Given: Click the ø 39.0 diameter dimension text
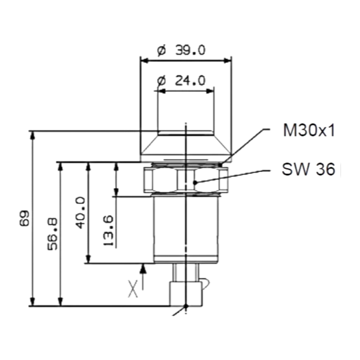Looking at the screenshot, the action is tap(181, 50).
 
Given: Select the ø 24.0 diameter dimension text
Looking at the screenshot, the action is tap(181, 81).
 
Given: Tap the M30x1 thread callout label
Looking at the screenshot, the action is tap(309, 130).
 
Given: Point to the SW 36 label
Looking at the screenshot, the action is tap(308, 169).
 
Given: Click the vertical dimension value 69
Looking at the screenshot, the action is tap(24, 218).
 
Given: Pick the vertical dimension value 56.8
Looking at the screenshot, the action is tap(52, 234).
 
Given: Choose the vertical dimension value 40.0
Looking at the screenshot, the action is tap(80, 213).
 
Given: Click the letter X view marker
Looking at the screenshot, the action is tap(133, 289).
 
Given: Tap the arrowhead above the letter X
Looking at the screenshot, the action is tap(143, 269).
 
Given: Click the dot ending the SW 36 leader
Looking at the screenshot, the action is tap(195, 182).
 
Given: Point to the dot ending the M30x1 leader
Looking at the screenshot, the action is tap(220, 164).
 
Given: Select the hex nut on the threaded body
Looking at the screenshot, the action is tap(186, 180).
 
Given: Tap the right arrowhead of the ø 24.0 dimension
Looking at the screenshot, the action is tap(210, 91).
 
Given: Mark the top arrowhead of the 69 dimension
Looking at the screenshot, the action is tap(33, 135).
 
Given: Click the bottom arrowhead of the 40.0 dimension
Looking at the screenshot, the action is tap(88, 259).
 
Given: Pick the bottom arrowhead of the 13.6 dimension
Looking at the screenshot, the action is tap(116, 192).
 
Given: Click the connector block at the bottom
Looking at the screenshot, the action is tap(186, 294).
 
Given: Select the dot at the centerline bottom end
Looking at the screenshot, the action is tap(186, 306).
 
